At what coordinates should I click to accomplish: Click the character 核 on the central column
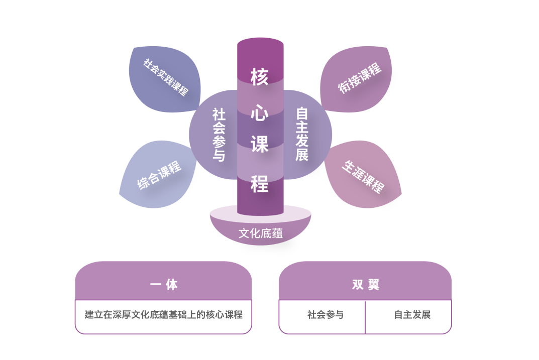[x=260, y=77]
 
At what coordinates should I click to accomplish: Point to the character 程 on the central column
[x=260, y=184]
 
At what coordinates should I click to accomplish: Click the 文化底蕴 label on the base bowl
[x=260, y=233]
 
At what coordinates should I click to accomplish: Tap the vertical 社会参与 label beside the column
[x=219, y=135]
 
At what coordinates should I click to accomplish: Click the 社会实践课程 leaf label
[x=166, y=77]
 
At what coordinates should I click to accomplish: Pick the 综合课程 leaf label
[x=159, y=175]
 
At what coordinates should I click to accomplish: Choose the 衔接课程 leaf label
[x=360, y=78]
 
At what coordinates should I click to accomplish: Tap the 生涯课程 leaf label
[x=363, y=176]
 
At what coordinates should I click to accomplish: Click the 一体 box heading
[x=164, y=285]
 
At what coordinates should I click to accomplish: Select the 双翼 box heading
[x=366, y=285]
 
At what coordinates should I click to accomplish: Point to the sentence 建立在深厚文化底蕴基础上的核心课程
[x=164, y=315]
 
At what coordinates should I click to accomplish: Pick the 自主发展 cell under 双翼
[x=412, y=315]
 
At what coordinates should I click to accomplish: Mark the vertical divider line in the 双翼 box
[x=365, y=316]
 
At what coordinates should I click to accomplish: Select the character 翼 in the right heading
[x=373, y=285]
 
